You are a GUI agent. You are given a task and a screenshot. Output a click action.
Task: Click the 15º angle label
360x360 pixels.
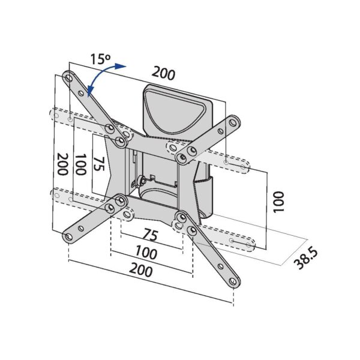(x=101, y=59)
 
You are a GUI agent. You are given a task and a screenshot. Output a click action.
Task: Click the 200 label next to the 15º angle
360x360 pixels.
(x=163, y=73)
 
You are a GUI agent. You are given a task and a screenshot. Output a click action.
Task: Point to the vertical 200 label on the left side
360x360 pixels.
(x=61, y=163)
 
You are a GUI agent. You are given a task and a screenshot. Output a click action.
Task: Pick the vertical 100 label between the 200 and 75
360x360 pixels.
(x=80, y=164)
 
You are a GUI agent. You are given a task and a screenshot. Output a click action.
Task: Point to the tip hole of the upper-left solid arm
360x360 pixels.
(x=69, y=77)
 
